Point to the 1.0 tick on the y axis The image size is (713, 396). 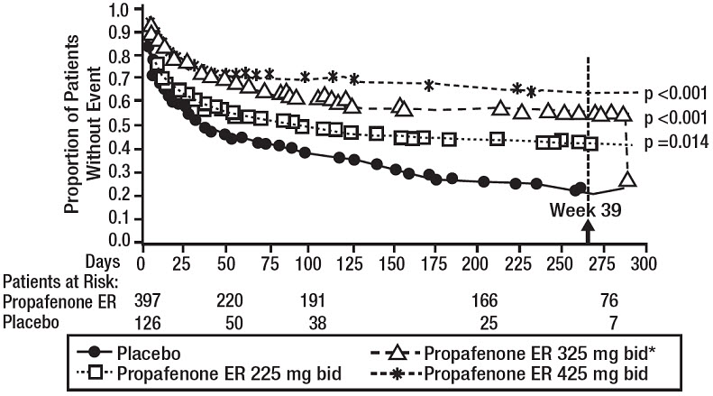click(118, 11)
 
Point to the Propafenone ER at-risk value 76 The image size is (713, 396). click(591, 300)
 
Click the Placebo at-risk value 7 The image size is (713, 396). click(591, 320)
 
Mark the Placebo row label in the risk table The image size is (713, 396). click(32, 320)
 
